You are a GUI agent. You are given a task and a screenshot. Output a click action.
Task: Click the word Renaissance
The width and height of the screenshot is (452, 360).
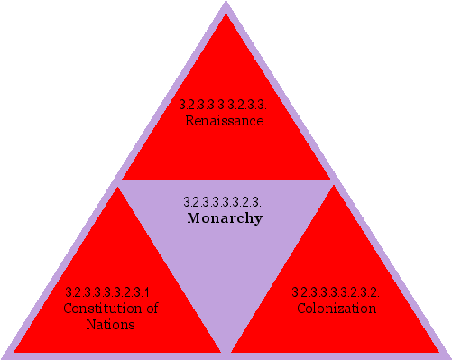[225, 120]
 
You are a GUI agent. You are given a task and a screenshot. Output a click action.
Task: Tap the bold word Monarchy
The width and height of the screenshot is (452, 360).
[225, 218]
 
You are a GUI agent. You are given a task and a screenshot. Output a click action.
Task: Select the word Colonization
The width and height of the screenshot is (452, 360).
[337, 309]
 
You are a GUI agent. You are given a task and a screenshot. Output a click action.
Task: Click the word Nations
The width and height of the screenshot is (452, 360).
[113, 324]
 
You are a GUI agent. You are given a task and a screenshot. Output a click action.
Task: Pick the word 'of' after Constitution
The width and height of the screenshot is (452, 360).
[151, 309]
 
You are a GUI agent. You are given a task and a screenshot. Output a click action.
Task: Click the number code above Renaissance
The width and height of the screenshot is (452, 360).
[224, 105]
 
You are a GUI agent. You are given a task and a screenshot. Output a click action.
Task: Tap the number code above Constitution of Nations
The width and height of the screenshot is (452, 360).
[109, 292]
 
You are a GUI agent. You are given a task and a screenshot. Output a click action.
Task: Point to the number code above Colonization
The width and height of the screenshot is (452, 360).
[335, 292]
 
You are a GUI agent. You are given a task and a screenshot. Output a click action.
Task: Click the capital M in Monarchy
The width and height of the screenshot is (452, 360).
[192, 218]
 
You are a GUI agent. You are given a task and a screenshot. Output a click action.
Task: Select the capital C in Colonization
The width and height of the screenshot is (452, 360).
[302, 309]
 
